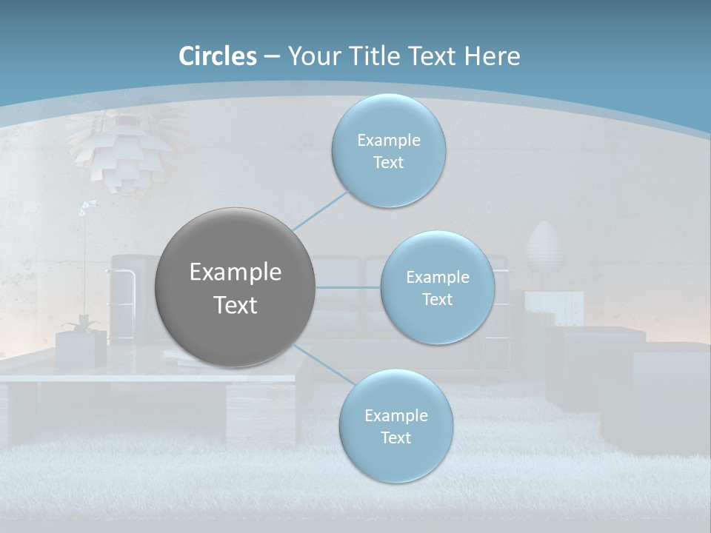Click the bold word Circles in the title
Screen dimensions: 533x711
pyautogui.click(x=218, y=56)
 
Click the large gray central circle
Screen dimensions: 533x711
pyautogui.click(x=236, y=287)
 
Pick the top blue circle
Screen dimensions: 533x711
pyautogui.click(x=388, y=150)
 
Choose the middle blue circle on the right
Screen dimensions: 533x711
pyautogui.click(x=437, y=287)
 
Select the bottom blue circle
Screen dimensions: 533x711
pyautogui.click(x=395, y=426)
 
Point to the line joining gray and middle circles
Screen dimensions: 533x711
pyautogui.click(x=348, y=287)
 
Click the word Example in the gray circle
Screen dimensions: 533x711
pyautogui.click(x=236, y=272)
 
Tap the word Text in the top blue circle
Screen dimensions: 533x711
pyautogui.click(x=388, y=163)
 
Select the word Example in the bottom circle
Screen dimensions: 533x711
pyautogui.click(x=395, y=415)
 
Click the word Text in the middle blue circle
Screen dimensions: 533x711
pyautogui.click(x=437, y=300)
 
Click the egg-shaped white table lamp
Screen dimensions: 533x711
pyautogui.click(x=544, y=248)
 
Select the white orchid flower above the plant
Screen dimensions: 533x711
pyautogui.click(x=87, y=207)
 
